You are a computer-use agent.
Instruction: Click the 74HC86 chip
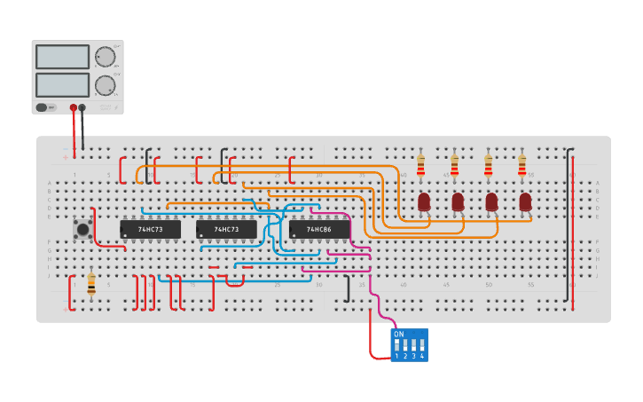tap(318, 229)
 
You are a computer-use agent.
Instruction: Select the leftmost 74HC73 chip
tap(150, 229)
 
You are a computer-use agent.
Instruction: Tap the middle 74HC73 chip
tap(226, 229)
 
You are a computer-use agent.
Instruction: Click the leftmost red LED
tap(424, 201)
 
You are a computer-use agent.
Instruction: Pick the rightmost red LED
tap(525, 201)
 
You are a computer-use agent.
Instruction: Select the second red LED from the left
tap(458, 201)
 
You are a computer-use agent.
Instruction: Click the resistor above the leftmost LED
tap(420, 165)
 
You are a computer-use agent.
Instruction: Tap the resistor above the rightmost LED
tap(521, 165)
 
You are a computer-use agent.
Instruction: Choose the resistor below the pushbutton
tap(91, 283)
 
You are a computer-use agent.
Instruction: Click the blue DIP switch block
tap(410, 344)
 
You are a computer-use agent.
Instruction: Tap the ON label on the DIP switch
tap(399, 335)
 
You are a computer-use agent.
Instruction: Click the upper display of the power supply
tap(62, 57)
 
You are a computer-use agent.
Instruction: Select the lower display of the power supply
tap(62, 85)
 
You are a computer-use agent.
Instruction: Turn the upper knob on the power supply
tap(105, 57)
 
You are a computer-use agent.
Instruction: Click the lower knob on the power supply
tap(105, 86)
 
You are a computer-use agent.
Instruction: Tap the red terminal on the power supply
tap(74, 107)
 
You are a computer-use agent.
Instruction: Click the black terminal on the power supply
tap(82, 107)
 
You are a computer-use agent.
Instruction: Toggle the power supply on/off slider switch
tap(42, 107)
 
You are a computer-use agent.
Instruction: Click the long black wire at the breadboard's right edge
tap(569, 226)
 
